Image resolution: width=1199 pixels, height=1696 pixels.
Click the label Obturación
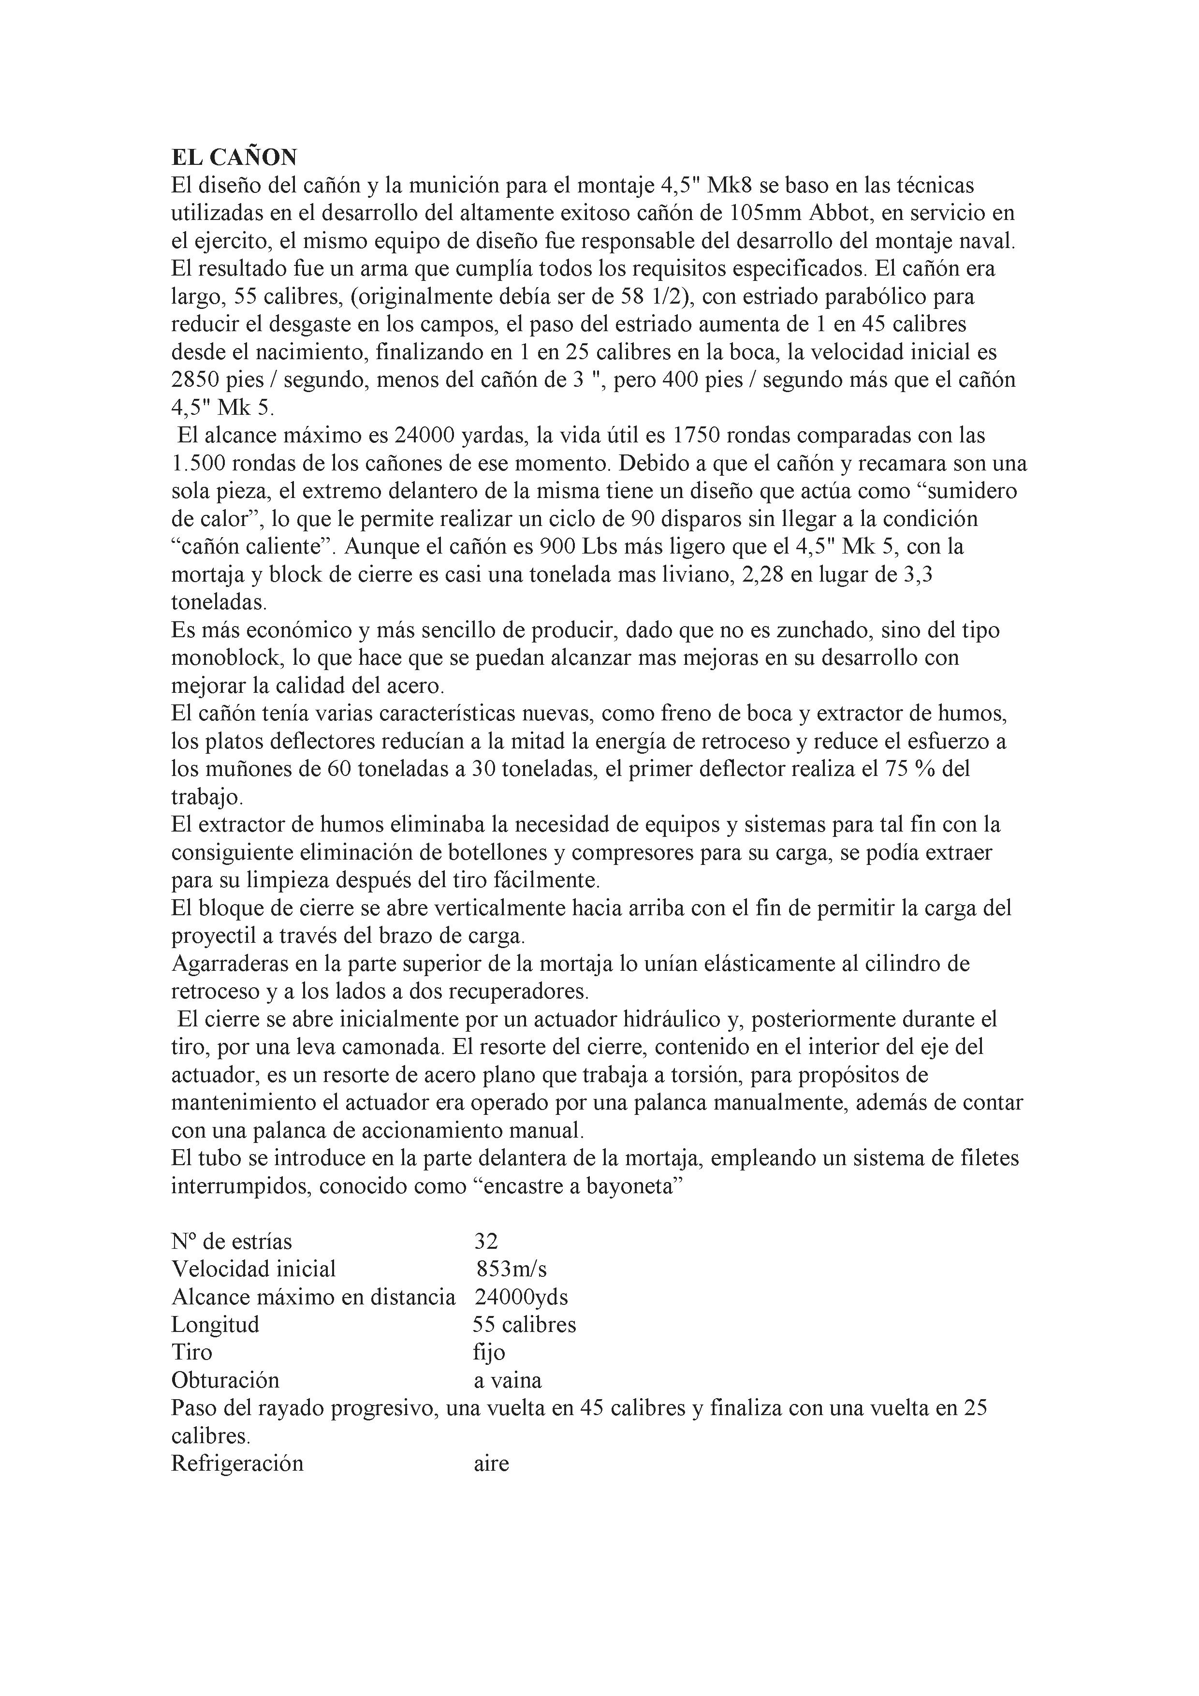[x=225, y=1381]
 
